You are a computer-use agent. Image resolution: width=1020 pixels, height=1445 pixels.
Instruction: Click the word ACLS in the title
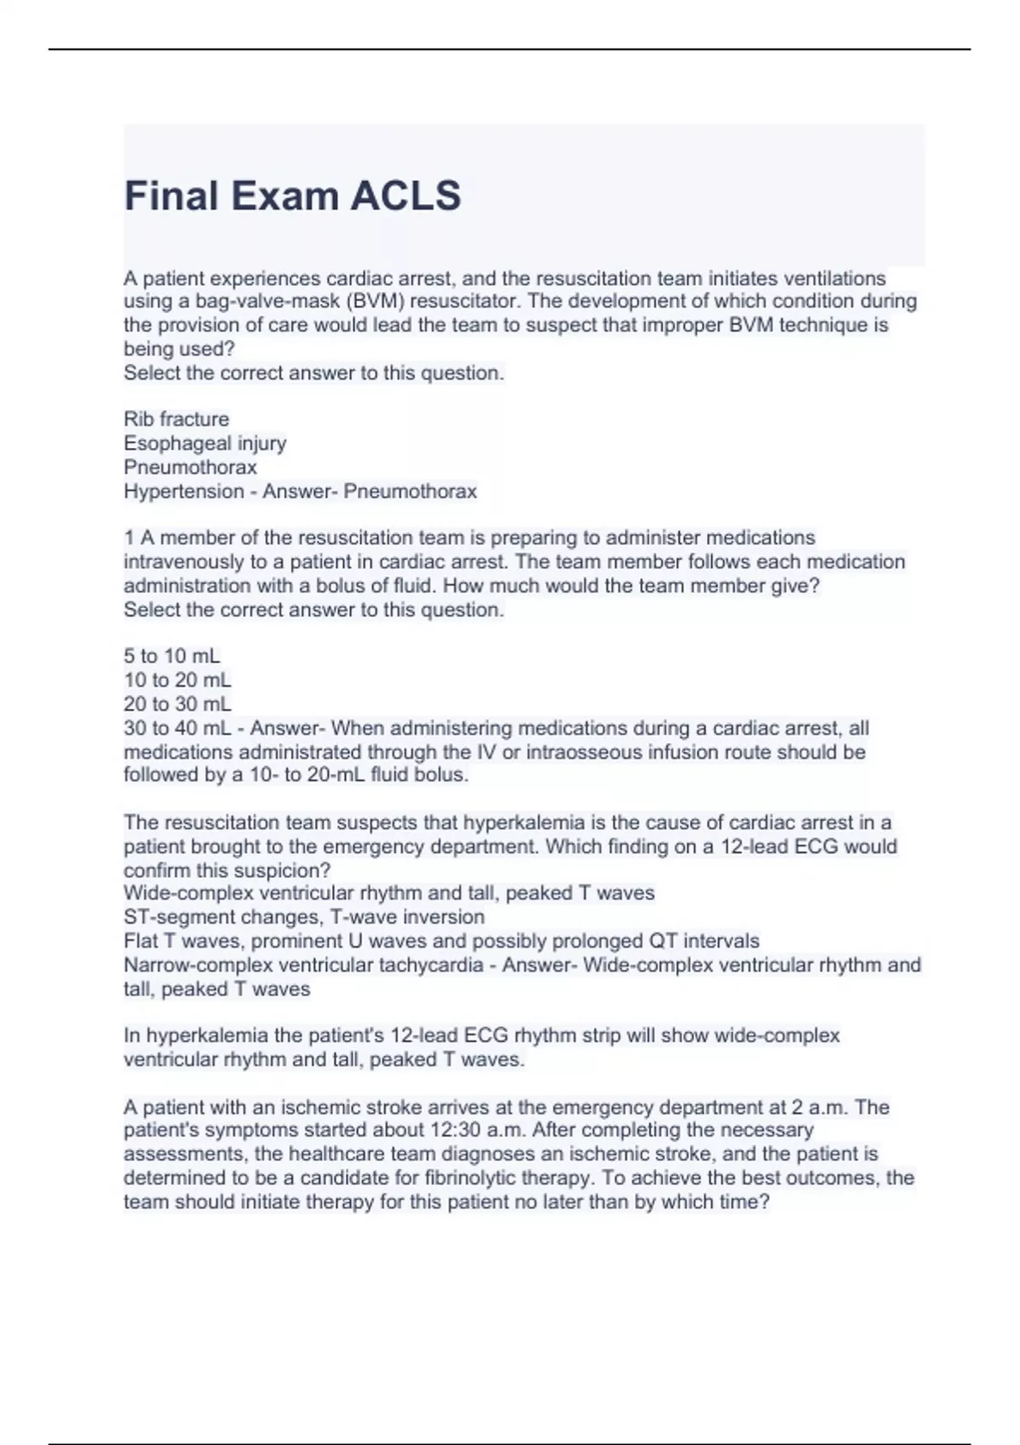tap(405, 195)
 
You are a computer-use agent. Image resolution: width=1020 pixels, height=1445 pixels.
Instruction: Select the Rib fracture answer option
tap(176, 419)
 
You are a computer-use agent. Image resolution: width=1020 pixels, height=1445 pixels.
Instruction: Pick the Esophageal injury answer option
tap(205, 443)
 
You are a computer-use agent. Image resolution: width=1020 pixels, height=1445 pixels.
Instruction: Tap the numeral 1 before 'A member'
tap(129, 538)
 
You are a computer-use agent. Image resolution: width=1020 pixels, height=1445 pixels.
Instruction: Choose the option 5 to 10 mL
tap(172, 656)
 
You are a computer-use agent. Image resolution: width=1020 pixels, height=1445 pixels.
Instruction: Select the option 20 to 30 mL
tap(177, 704)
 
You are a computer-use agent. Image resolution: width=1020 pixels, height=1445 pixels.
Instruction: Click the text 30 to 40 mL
tap(177, 728)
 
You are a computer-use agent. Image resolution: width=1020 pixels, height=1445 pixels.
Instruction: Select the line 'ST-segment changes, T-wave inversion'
tap(303, 917)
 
